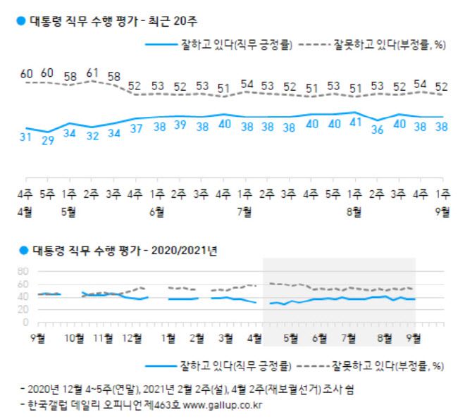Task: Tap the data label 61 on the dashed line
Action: click(x=92, y=72)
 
